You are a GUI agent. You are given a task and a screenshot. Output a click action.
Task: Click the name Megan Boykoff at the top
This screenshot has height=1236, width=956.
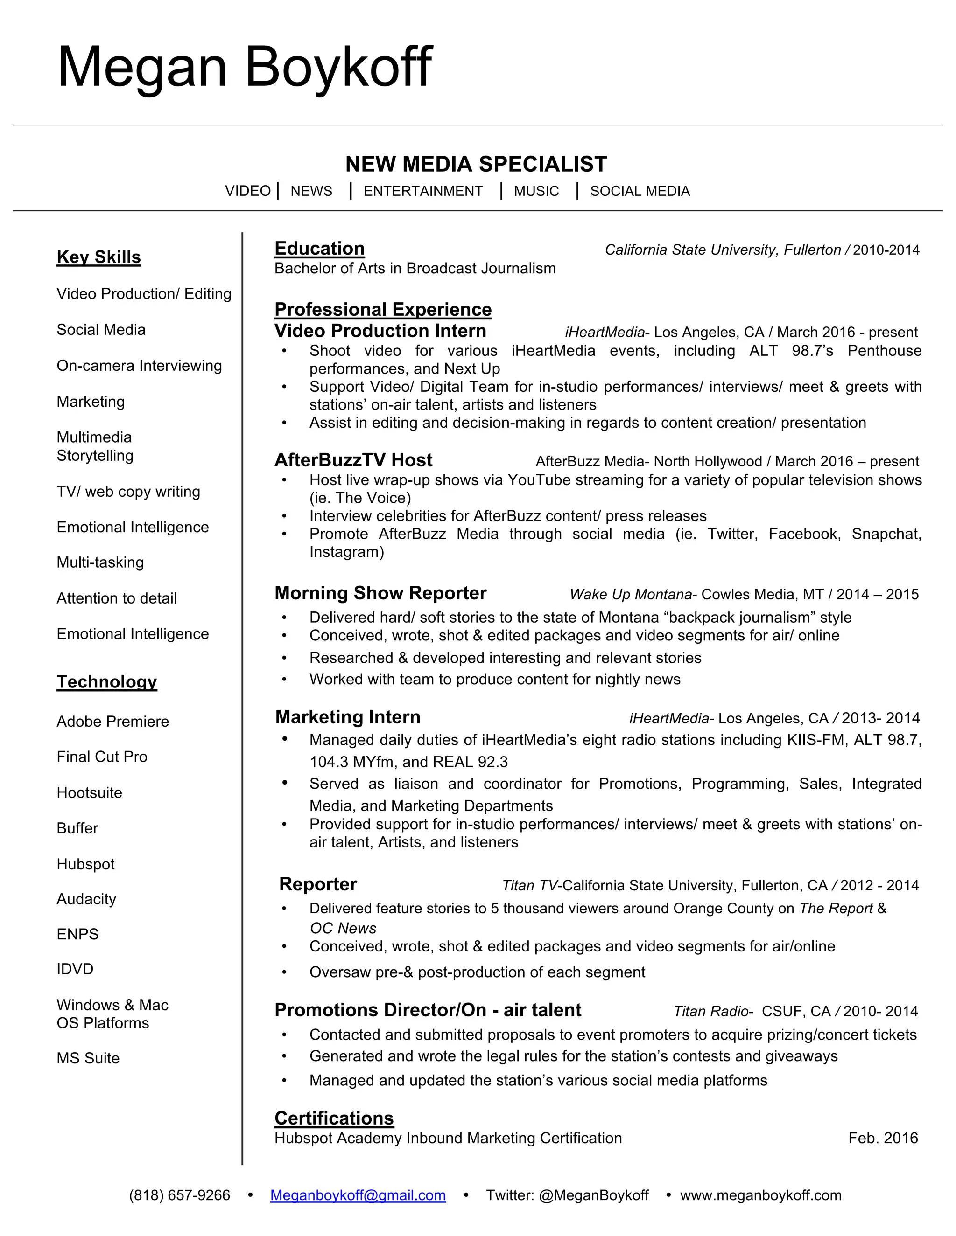[x=245, y=68]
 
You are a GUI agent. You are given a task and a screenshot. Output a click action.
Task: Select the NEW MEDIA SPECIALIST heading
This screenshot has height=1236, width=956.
[x=476, y=164]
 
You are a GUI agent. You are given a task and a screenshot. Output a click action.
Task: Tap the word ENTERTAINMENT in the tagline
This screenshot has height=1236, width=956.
[x=423, y=191]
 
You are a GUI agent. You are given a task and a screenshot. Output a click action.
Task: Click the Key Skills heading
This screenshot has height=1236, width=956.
[x=98, y=257]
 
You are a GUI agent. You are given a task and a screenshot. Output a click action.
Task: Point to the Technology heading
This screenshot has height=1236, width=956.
[x=106, y=681]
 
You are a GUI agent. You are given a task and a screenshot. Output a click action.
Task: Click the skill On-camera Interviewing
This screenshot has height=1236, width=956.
[x=139, y=366]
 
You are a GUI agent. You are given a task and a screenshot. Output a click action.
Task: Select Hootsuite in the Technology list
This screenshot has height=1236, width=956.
[x=90, y=792]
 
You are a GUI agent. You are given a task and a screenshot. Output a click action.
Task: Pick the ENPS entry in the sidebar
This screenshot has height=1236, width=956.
[x=77, y=934]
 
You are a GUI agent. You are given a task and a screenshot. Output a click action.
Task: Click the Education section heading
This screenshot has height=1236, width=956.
[x=319, y=249]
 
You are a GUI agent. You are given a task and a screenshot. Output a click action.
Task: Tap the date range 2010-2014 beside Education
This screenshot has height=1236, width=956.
[x=886, y=250]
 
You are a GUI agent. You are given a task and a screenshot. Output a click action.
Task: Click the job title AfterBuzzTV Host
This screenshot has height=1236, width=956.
[x=353, y=460]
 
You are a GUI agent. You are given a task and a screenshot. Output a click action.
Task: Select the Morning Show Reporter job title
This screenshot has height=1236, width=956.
[x=380, y=593]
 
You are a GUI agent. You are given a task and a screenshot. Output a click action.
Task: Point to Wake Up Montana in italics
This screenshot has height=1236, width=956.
[x=630, y=594]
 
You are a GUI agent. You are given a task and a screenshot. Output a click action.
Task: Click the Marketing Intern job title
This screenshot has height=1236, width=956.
[x=348, y=717]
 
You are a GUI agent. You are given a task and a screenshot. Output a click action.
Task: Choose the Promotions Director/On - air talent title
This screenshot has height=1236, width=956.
[x=428, y=1010]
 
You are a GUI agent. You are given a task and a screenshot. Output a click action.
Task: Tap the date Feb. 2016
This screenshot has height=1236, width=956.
[x=882, y=1138]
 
